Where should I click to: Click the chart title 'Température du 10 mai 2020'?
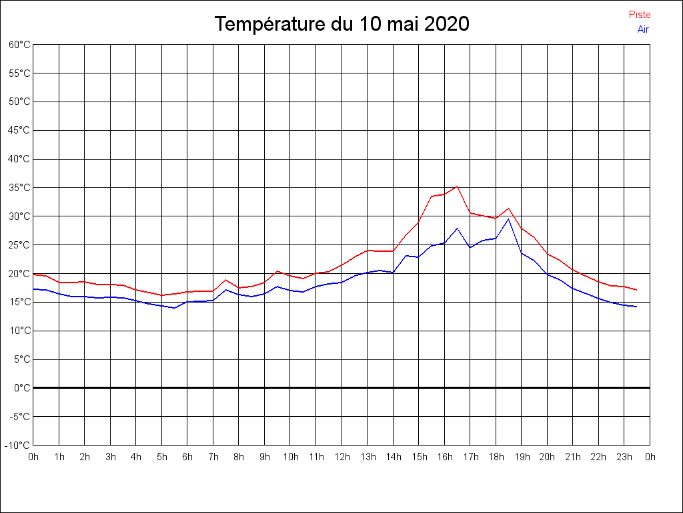click(341, 25)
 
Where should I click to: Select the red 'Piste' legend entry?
click(640, 15)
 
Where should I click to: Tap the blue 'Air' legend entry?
click(643, 29)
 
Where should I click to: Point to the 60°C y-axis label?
click(19, 45)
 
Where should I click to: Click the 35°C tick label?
click(19, 188)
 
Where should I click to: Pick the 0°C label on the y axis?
click(22, 388)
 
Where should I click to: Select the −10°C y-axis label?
click(18, 446)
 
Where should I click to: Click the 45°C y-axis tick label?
click(19, 130)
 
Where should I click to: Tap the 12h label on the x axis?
click(341, 457)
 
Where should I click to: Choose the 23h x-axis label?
click(624, 457)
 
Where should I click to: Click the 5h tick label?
click(162, 457)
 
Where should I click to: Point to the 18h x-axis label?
click(496, 457)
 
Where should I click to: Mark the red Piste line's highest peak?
click(457, 186)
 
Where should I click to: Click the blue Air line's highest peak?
click(508, 219)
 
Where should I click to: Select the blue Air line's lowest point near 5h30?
click(175, 308)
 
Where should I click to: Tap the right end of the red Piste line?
click(637, 290)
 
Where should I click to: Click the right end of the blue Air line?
click(637, 307)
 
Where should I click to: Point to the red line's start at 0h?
click(34, 275)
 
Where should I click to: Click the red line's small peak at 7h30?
click(226, 280)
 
